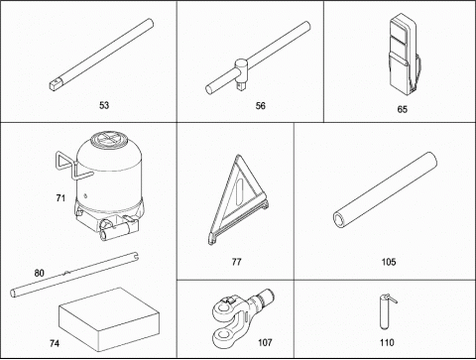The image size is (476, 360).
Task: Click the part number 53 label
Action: tap(104, 105)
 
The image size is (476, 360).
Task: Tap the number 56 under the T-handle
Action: tap(261, 106)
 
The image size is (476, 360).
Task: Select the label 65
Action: tap(403, 109)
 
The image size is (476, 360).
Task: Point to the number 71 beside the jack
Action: tap(60, 198)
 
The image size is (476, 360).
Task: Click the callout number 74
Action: tap(55, 343)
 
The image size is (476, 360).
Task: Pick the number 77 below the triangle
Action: tap(236, 262)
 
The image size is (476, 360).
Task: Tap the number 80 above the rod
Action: tap(39, 273)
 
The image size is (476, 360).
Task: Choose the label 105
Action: tap(389, 262)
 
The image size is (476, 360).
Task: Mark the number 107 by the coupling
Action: tap(265, 342)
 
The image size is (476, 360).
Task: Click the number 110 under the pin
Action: tap(387, 342)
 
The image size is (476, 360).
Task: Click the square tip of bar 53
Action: tap(55, 85)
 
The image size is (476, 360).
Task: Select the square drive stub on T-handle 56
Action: tap(241, 87)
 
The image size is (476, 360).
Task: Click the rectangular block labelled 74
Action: tap(109, 319)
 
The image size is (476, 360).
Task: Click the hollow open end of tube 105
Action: tap(340, 220)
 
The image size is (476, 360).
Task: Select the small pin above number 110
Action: tap(386, 311)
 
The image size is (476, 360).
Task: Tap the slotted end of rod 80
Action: tap(135, 257)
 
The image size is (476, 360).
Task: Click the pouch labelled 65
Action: tap(403, 54)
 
